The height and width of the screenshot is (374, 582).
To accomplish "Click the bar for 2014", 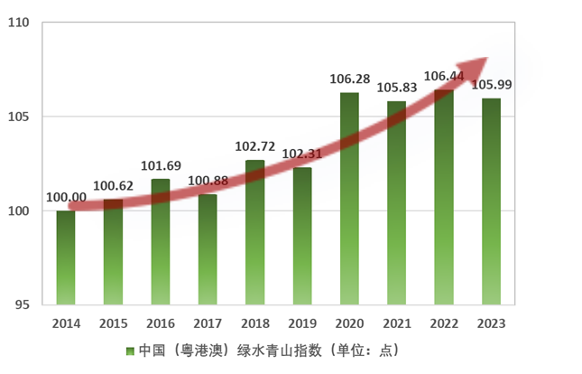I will click(66, 257).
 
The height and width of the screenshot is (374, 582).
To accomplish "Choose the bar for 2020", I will click(349, 199).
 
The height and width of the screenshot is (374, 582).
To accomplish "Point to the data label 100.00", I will click(66, 198).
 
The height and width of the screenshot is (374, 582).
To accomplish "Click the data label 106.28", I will click(349, 79).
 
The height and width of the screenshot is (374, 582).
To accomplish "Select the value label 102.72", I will click(254, 146).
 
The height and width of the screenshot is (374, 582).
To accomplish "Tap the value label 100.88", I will click(208, 182).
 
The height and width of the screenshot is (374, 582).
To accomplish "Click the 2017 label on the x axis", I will click(208, 323).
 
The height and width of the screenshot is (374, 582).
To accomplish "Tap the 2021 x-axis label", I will click(396, 323).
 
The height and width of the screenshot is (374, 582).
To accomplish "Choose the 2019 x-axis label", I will click(301, 323).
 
